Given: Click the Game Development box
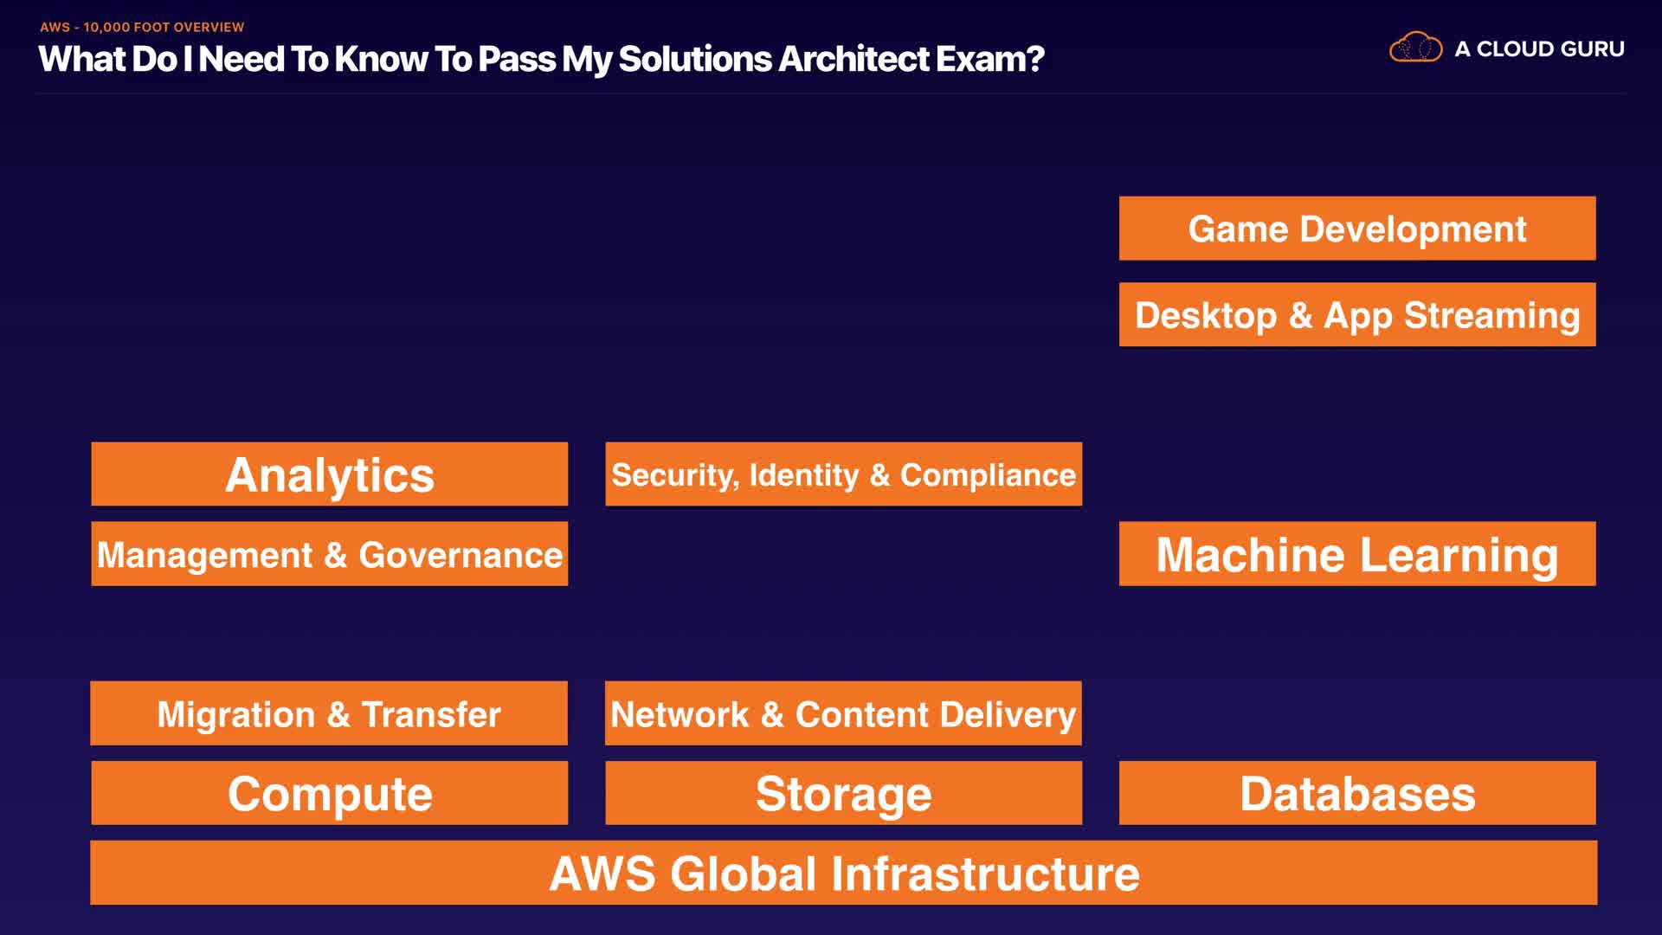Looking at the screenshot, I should [1356, 229].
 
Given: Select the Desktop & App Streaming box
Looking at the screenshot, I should [1356, 314].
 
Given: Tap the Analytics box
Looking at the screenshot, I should [329, 474].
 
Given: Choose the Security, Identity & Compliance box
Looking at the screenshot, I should [843, 474].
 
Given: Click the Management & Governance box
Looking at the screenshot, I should [329, 554].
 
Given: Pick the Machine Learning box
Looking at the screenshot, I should [1356, 554].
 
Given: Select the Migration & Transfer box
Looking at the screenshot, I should [329, 713].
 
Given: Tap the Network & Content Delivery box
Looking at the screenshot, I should [843, 713].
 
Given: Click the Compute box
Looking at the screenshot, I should [329, 793].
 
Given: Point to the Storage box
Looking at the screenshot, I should [843, 793].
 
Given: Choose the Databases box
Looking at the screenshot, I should [1356, 793].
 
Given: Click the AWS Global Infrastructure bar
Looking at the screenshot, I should [843, 873].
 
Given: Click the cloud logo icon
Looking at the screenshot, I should [1415, 48].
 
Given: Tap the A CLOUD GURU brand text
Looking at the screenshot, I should [1539, 49].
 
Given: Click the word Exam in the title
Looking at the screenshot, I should [982, 59].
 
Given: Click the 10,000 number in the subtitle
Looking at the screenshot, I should [106, 28].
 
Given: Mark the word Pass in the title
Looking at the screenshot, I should [516, 59].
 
